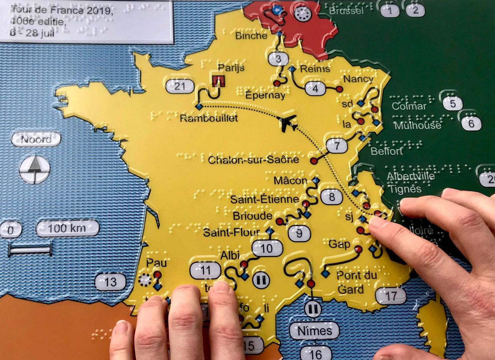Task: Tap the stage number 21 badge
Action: [180, 86]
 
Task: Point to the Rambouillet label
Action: [209, 118]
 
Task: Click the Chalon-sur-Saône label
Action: [254, 159]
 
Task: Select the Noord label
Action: [36, 140]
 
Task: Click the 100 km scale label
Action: [67, 229]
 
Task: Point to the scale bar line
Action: [30, 250]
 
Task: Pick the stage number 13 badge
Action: [110, 282]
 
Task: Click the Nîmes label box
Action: [315, 331]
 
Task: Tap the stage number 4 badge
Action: [315, 89]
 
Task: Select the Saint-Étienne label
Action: [265, 199]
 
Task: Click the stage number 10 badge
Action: [267, 248]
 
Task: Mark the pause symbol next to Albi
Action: [261, 279]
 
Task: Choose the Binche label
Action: [251, 36]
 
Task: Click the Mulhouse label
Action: [417, 125]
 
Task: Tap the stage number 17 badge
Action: [391, 295]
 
